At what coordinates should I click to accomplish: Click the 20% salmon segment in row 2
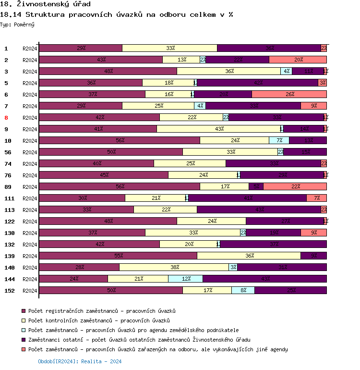tap(298, 60)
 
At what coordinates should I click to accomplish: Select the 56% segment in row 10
tap(120, 140)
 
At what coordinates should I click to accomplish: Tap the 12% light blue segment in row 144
tap(185, 279)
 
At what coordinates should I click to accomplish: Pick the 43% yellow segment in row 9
tap(219, 129)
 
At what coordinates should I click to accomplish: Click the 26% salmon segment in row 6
tap(289, 94)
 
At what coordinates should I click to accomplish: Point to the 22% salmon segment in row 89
tap(295, 186)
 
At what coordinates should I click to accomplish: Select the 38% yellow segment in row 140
tap(174, 267)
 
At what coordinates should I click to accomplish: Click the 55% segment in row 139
tap(118, 256)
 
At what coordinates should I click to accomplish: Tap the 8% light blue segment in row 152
tap(243, 290)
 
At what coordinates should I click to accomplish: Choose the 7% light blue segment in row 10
tap(279, 140)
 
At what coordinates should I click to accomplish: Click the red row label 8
tap(6, 118)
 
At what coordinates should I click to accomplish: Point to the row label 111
tap(9, 198)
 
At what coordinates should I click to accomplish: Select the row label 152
tap(9, 291)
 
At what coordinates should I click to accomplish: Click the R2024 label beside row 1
tap(30, 49)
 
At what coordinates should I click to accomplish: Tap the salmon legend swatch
tap(24, 349)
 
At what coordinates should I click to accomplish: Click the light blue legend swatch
tap(24, 330)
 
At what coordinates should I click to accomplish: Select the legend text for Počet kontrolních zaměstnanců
tap(99, 321)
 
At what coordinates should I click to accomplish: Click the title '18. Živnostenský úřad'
tap(46, 4)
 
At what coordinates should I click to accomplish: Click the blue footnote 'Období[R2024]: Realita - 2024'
tap(80, 361)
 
